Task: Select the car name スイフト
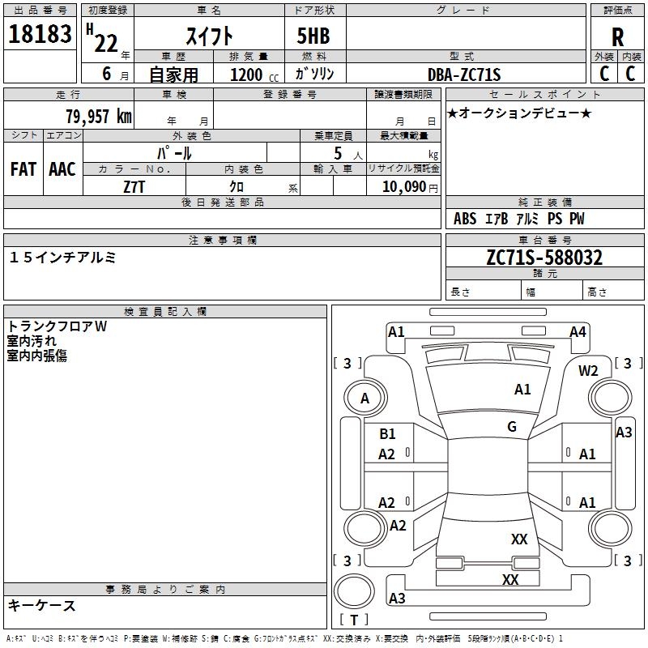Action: [x=210, y=36]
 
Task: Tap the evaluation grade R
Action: [x=617, y=36]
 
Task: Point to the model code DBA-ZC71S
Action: [x=465, y=75]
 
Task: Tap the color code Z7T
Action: [x=134, y=186]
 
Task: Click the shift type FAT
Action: [x=23, y=168]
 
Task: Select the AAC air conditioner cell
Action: [x=62, y=168]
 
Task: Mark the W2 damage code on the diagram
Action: [x=588, y=371]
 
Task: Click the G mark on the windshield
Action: [x=512, y=427]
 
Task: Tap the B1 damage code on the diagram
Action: [x=388, y=434]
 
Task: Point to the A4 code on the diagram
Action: [x=578, y=331]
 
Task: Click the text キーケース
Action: [x=42, y=605]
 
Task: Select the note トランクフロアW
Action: [x=58, y=326]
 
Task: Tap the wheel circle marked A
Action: [x=364, y=398]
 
